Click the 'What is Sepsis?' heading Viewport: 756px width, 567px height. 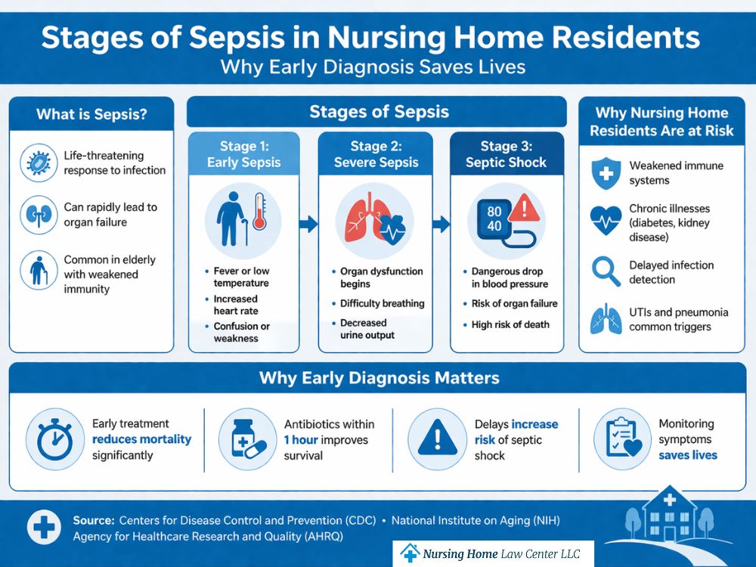point(91,115)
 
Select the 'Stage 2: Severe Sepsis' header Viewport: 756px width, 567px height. point(376,154)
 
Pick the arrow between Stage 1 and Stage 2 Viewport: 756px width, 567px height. point(308,223)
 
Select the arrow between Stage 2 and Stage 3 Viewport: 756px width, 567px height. point(441,224)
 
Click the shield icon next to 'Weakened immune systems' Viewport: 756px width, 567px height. point(606,173)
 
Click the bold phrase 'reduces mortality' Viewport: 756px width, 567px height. point(141,439)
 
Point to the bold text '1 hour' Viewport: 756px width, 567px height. point(301,440)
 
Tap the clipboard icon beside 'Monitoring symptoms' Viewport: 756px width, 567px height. point(618,439)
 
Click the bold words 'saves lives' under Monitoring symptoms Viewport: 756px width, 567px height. point(687,455)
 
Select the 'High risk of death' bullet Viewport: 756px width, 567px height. point(510,324)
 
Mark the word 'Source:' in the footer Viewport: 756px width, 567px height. point(94,521)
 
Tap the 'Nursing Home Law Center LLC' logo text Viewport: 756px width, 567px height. point(501,553)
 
